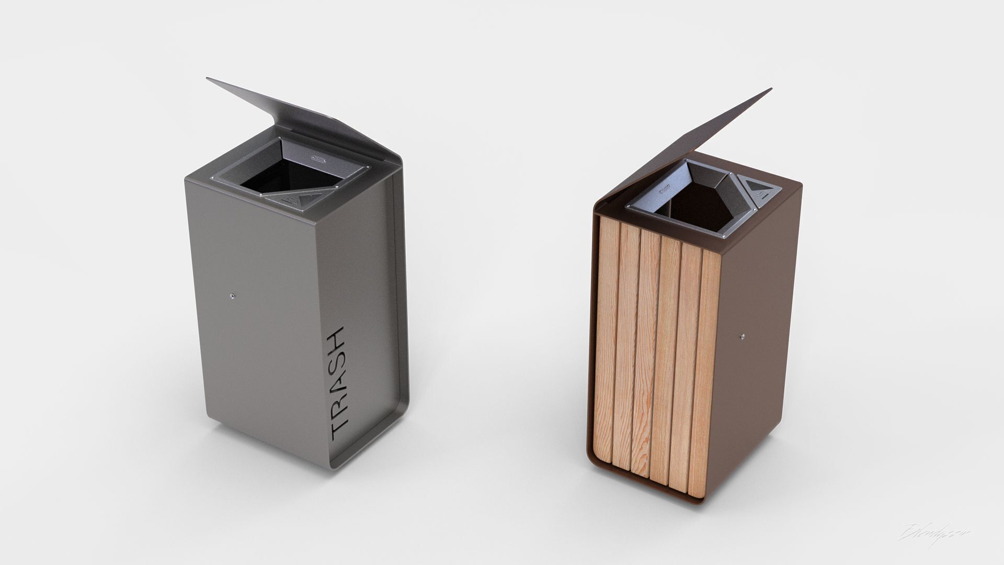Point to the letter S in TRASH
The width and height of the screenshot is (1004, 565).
click(x=337, y=357)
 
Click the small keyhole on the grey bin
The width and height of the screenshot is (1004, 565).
click(x=232, y=296)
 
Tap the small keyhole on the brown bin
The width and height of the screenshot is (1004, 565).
click(x=742, y=336)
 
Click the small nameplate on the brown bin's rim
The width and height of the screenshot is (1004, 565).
click(x=665, y=187)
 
